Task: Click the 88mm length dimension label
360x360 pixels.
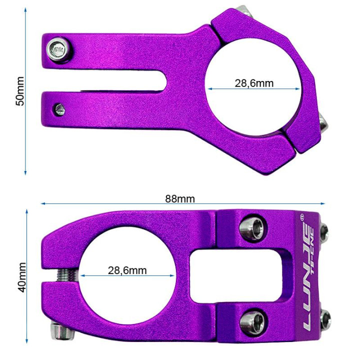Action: tap(180, 198)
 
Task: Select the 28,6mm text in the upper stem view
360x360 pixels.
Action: tap(254, 83)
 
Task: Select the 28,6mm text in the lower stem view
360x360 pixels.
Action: tap(127, 270)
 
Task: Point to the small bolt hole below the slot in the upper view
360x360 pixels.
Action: tap(59, 108)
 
